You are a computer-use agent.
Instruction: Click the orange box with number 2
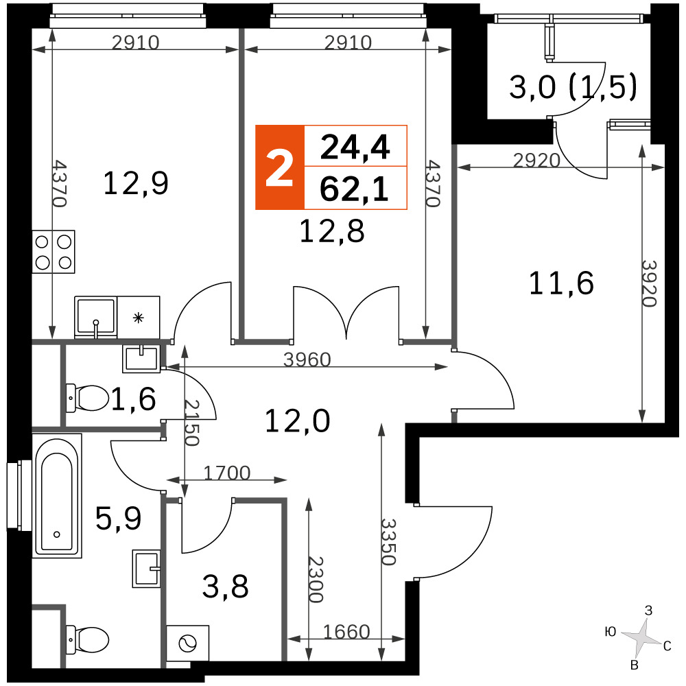coord(280,167)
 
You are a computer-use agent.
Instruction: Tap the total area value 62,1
coord(355,189)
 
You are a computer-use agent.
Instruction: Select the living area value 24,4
coord(355,147)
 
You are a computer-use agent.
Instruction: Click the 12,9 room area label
coord(136,183)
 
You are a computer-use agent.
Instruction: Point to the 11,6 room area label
coord(561,283)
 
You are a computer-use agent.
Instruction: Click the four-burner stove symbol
coord(54,252)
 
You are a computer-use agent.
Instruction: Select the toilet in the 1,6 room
coord(87,398)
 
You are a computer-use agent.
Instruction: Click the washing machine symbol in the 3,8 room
coord(188,643)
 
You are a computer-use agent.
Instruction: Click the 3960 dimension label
coord(307,359)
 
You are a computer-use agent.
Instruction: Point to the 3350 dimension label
coord(388,542)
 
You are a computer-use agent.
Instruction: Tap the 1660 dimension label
coord(346,632)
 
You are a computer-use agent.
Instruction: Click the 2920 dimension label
coord(536,161)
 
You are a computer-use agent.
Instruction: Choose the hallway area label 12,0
coord(298,421)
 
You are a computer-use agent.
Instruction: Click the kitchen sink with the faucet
coord(96,317)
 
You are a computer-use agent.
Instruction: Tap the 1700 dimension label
coord(227,473)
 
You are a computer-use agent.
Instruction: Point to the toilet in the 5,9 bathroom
coord(87,639)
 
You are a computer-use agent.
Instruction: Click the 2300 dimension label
coord(316,579)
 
